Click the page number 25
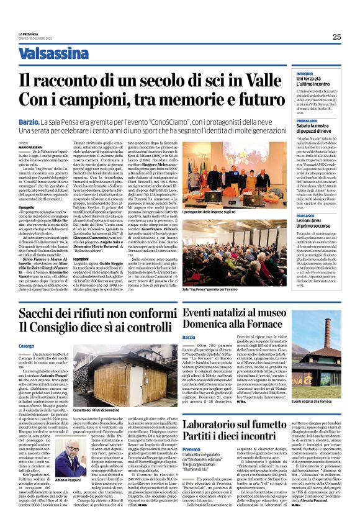tap(336, 37)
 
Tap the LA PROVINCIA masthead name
tap(29, 34)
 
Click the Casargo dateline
tap(27, 346)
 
